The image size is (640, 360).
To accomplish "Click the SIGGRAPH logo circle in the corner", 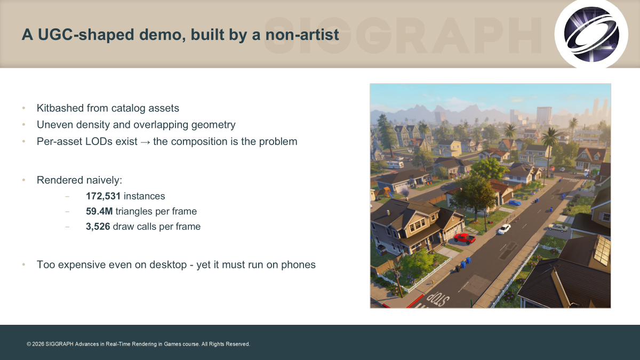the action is (x=591, y=34).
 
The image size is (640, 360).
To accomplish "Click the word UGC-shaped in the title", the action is (x=86, y=35).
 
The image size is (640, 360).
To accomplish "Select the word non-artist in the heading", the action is (x=302, y=34).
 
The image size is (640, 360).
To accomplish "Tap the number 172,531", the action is (x=103, y=196).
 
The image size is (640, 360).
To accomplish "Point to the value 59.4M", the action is (x=99, y=211).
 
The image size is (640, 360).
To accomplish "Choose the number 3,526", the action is (x=98, y=227).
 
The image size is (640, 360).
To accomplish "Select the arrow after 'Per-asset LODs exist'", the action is (x=145, y=142).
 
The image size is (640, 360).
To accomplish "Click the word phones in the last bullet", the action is (x=298, y=265).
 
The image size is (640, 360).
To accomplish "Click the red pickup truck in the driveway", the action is (x=465, y=238).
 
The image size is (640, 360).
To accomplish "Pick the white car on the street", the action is (x=505, y=229).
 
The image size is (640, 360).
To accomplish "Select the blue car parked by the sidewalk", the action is (x=515, y=203).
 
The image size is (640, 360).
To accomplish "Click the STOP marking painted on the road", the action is (x=438, y=299).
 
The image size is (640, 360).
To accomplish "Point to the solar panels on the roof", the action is (x=603, y=249).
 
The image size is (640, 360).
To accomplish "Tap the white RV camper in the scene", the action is (x=395, y=164).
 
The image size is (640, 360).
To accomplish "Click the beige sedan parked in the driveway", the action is (x=558, y=227).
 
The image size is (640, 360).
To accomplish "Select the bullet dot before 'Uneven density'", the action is (x=23, y=125).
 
